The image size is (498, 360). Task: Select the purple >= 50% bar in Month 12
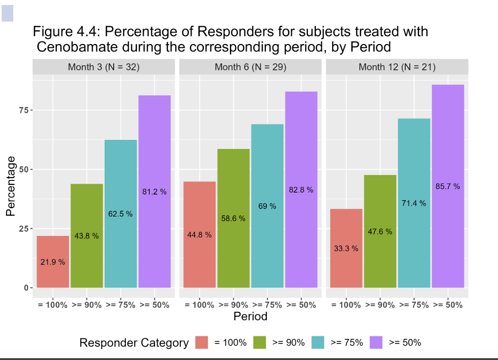coord(448,232)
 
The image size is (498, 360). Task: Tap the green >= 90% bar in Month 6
coord(233,249)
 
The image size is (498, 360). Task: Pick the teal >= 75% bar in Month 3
coord(121,249)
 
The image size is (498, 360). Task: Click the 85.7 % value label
coord(448,187)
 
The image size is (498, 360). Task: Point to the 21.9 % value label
coord(53,262)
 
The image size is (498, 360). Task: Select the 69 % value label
coord(267,206)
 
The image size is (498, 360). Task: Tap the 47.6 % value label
coord(380,231)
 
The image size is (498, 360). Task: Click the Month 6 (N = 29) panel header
coord(250,67)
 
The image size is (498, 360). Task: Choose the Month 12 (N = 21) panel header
coord(397,67)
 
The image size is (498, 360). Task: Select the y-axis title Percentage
coord(11,186)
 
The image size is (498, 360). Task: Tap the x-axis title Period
coord(250,316)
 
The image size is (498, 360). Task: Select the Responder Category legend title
coord(134,343)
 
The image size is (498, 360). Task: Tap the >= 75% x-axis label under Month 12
coord(414,305)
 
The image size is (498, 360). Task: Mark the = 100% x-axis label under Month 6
coord(199,305)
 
